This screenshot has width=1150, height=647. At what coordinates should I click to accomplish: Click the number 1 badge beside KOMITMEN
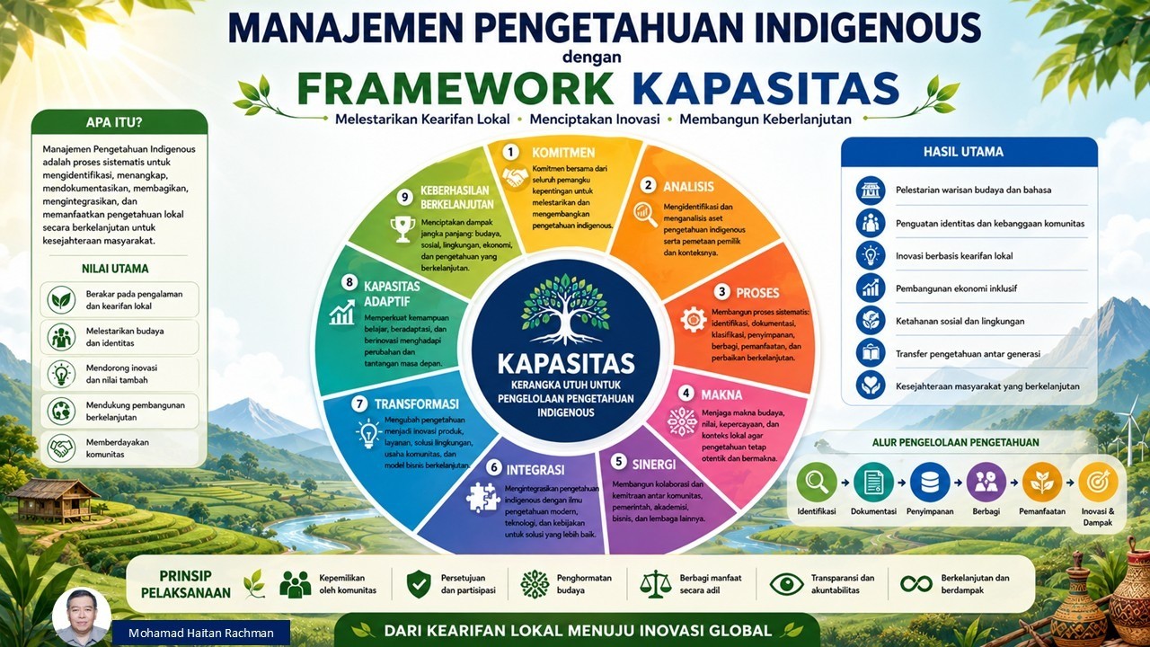click(510, 152)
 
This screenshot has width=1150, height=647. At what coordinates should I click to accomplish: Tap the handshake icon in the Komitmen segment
click(515, 178)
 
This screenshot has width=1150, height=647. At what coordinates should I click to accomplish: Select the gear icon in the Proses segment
click(693, 319)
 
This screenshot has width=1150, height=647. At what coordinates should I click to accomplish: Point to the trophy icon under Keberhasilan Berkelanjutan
click(402, 228)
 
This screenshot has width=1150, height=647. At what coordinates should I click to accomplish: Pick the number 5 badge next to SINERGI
click(619, 462)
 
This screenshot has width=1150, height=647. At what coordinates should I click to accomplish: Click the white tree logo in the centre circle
click(565, 310)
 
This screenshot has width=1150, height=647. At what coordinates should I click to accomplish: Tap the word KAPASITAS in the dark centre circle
click(566, 364)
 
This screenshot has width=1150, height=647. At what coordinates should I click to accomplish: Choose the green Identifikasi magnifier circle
click(817, 483)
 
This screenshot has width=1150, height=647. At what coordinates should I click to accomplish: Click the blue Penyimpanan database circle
click(930, 483)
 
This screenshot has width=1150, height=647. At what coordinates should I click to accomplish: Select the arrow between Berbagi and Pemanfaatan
click(1013, 483)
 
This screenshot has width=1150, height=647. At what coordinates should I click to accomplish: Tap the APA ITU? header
click(114, 123)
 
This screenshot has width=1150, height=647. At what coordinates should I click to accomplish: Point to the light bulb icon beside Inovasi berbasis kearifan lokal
click(871, 256)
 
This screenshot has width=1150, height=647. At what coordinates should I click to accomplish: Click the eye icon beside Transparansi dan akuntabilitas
click(786, 584)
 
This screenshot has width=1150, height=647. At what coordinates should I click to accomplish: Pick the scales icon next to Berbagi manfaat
click(656, 584)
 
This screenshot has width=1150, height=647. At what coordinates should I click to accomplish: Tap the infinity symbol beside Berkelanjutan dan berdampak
click(916, 584)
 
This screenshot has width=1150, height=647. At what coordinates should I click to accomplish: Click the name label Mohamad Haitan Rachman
click(201, 634)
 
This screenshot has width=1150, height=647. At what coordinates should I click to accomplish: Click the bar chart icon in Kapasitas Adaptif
click(342, 313)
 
